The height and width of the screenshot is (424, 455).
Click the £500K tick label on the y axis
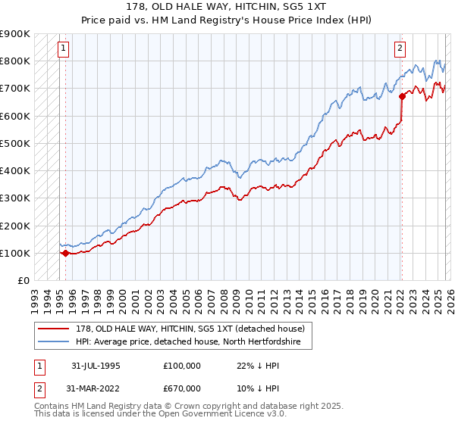pyautogui.click(x=14, y=143)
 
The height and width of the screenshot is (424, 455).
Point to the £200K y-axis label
pyautogui.click(x=14, y=226)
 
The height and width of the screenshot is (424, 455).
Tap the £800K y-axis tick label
pyautogui.click(x=14, y=61)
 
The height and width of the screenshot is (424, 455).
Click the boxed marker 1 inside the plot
pyautogui.click(x=63, y=48)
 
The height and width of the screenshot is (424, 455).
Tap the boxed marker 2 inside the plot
pyautogui.click(x=400, y=48)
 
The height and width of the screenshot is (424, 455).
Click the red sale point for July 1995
pyautogui.click(x=66, y=253)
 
